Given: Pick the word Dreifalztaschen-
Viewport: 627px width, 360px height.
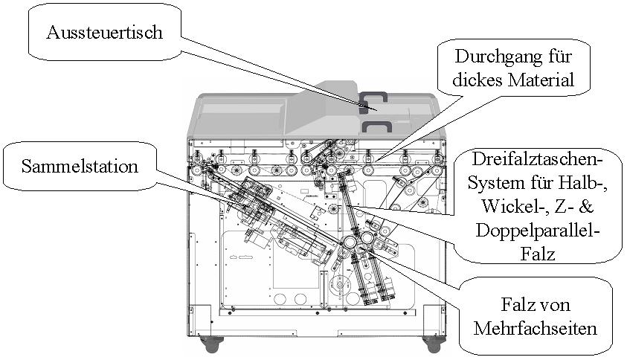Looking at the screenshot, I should point(539,158).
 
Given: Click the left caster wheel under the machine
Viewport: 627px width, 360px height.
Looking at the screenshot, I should point(210,344).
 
